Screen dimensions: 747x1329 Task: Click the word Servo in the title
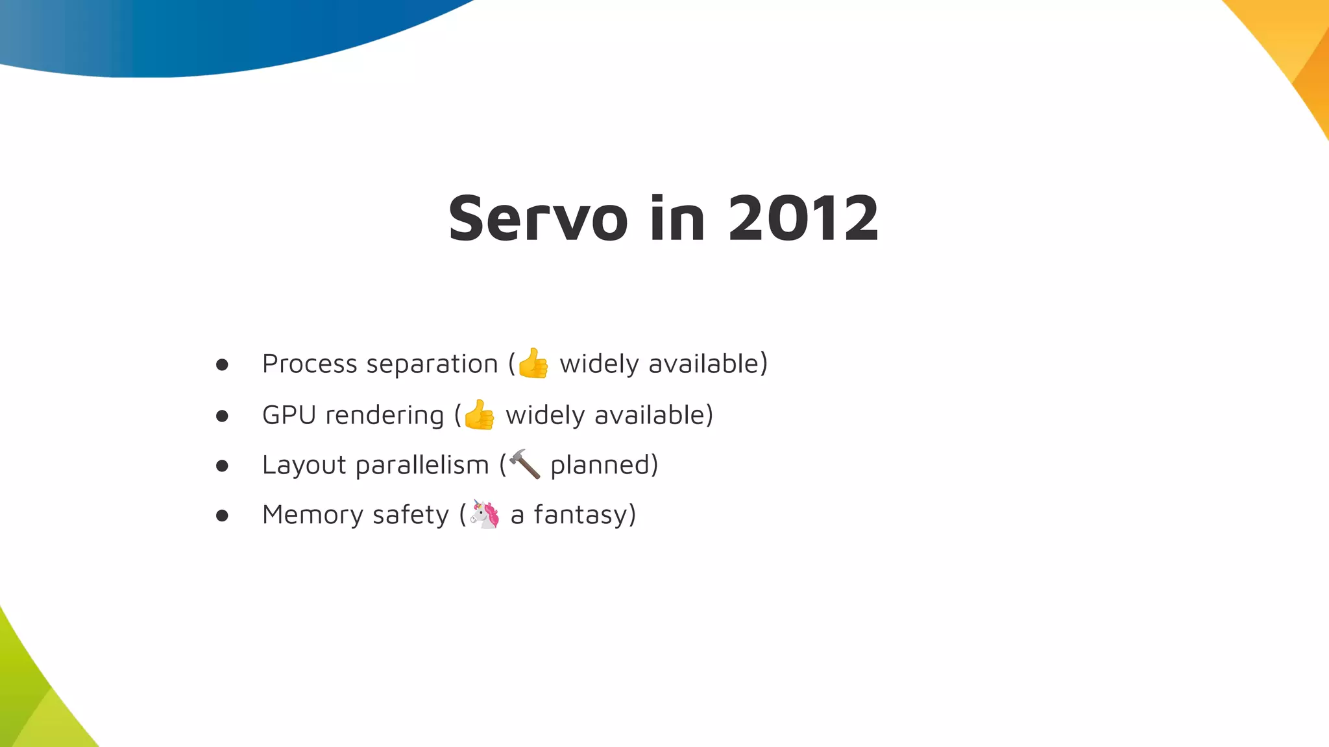point(538,219)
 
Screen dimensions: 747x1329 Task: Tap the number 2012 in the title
point(803,219)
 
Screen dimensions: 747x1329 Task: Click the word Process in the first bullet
point(309,364)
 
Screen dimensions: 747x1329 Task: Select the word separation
point(432,364)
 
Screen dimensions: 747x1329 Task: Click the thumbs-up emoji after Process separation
point(533,363)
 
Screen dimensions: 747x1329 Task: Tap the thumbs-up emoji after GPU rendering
point(480,415)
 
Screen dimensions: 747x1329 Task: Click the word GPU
point(289,415)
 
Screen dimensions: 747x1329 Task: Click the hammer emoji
point(524,464)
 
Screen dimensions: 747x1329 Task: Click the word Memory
point(313,516)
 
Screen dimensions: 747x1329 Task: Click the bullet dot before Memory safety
point(222,516)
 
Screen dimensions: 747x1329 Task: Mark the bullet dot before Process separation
point(222,365)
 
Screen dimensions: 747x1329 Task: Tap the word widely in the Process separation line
point(599,364)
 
